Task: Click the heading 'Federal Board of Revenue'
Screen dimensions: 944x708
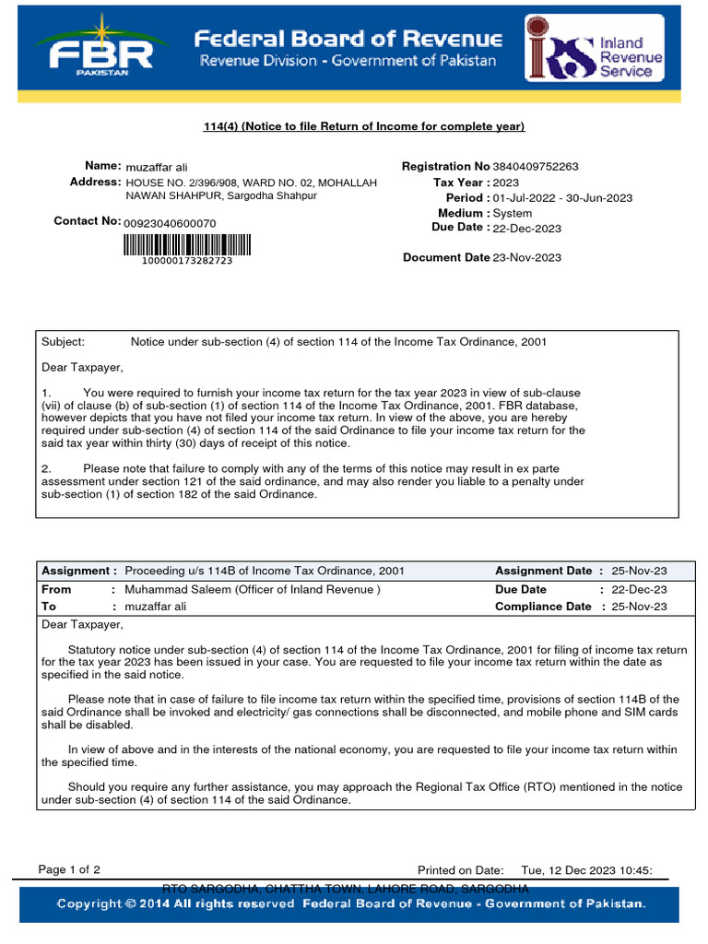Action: [348, 39]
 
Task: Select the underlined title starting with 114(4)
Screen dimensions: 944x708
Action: [363, 126]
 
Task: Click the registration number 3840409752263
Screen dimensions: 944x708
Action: [537, 167]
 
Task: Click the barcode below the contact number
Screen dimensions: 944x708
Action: [185, 244]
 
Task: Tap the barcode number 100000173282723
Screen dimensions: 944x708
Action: [186, 262]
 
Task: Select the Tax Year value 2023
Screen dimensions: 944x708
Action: [506, 183]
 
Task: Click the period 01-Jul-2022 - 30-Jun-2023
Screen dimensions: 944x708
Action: [562, 198]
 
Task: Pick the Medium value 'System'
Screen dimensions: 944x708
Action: [513, 213]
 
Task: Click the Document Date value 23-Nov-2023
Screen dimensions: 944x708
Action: [527, 258]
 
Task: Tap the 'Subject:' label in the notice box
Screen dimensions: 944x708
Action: [64, 342]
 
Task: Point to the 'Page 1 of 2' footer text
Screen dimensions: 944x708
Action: [70, 869]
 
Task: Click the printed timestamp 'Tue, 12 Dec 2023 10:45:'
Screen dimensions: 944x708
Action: [587, 869]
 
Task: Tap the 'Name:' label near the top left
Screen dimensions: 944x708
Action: [102, 165]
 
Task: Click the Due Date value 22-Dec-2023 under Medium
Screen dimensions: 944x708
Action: [527, 229]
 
